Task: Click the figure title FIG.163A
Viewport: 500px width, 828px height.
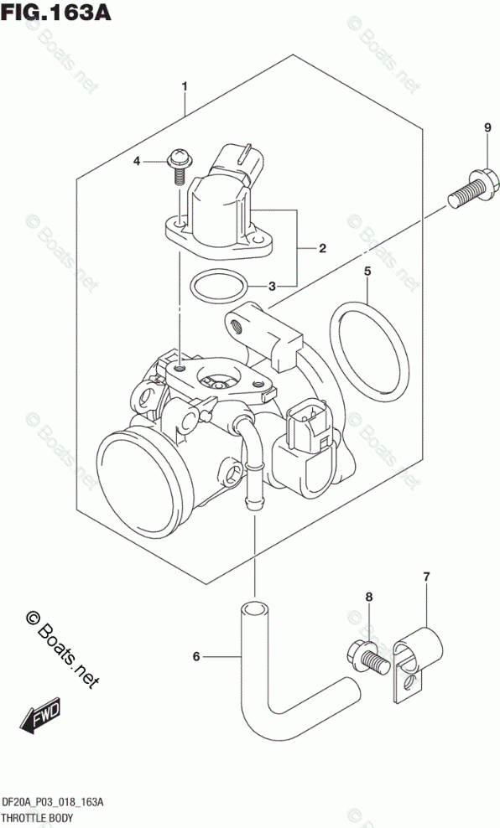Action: [x=56, y=12]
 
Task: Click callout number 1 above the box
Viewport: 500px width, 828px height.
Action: [x=185, y=85]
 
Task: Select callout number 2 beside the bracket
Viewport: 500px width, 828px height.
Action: [x=322, y=248]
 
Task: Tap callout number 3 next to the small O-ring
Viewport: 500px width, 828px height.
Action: [x=271, y=287]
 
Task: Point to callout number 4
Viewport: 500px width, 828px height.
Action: [x=137, y=161]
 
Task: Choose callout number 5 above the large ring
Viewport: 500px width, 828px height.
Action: [x=367, y=272]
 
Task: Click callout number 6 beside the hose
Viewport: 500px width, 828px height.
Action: [x=196, y=656]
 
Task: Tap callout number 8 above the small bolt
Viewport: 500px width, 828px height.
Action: [x=369, y=597]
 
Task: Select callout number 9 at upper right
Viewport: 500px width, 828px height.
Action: [x=487, y=127]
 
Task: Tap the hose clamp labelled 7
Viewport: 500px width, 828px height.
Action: [x=418, y=663]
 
